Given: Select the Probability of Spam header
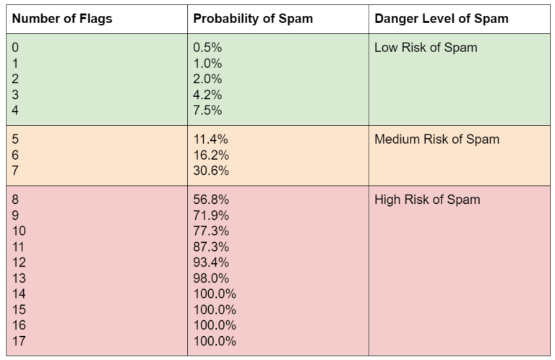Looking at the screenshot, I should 252,19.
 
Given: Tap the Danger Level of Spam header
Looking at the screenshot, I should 441,19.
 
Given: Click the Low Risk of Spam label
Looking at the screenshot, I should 426,48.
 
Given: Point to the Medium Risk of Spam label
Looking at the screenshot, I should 436,140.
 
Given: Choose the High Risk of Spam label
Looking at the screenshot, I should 427,200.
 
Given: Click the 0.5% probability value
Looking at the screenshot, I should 207,48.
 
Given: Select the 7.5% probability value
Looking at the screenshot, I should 207,111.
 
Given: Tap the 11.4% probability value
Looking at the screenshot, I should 210,140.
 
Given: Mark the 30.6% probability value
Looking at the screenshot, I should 210,171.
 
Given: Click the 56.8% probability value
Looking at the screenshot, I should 210,200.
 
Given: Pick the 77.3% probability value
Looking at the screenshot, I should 210,231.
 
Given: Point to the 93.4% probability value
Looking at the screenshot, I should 210,262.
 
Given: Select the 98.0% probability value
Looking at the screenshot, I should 210,278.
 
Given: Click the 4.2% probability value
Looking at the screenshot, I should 207,95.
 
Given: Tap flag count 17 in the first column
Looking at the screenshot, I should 20,341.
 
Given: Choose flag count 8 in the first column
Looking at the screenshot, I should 16,200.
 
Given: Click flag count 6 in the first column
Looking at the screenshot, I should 16,155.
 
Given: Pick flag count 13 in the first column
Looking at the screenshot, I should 20,278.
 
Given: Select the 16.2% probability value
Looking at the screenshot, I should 210,155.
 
